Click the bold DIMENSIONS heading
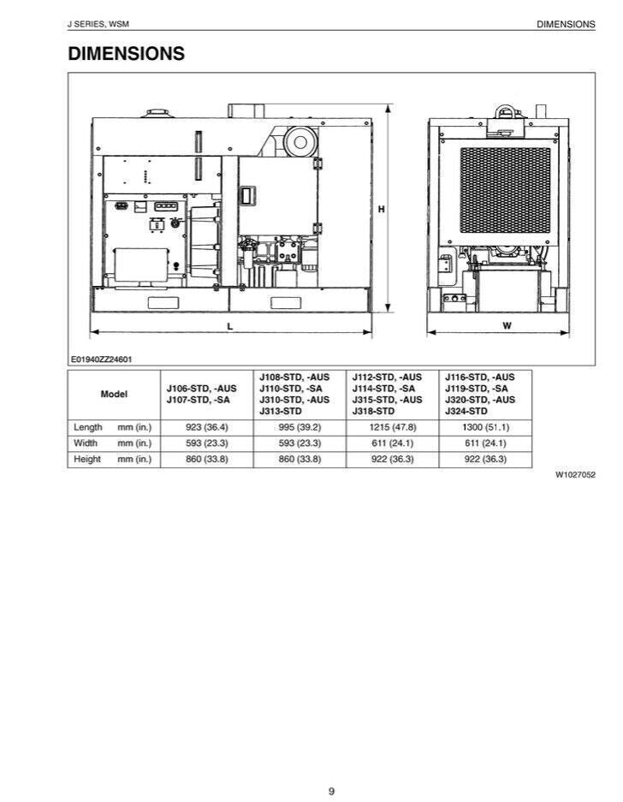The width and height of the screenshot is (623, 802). (x=126, y=54)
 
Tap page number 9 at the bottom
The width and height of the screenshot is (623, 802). (x=331, y=767)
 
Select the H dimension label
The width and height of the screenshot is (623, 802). (x=381, y=209)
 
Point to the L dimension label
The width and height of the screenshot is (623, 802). (x=229, y=325)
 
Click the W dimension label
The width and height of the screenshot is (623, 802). (x=507, y=325)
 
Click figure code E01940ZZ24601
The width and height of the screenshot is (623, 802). (x=101, y=359)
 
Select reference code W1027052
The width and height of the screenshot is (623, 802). (x=575, y=473)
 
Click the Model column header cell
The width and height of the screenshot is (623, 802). (x=114, y=395)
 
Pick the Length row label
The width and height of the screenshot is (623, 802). (x=88, y=427)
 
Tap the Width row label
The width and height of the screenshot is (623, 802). (x=86, y=443)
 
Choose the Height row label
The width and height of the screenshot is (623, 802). (x=87, y=460)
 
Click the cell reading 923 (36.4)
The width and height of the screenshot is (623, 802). (x=207, y=427)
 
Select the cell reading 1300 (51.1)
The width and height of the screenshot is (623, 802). (x=484, y=427)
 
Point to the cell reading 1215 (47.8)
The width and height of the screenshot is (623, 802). (x=392, y=427)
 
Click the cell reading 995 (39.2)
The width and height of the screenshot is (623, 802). (x=300, y=427)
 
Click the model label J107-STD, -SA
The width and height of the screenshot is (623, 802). (x=198, y=400)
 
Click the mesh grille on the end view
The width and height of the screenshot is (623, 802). (x=505, y=190)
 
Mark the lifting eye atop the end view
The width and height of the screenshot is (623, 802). (x=503, y=111)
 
